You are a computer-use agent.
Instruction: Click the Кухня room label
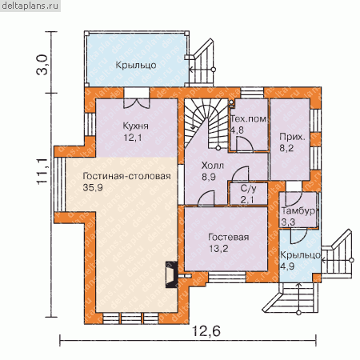tap(135, 126)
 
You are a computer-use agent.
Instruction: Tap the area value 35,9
tap(93, 188)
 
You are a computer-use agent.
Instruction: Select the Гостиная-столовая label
tap(126, 176)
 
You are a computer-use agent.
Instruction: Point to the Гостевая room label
tap(229, 237)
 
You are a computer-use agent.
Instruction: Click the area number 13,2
tap(218, 249)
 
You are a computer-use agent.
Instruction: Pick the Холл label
tap(212, 166)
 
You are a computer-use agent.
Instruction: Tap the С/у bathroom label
tap(248, 189)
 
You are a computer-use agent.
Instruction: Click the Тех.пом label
tap(248, 118)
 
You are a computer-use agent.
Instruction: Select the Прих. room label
tap(292, 137)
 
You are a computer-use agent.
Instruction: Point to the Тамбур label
tap(298, 211)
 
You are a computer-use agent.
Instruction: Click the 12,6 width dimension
tap(206, 331)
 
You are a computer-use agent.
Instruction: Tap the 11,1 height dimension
tap(42, 171)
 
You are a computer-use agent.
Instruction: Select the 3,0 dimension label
tap(42, 65)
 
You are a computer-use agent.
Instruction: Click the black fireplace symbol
tap(170, 274)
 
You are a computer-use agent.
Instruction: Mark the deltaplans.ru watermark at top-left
tap(30, 6)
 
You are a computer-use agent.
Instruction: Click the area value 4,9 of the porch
tap(287, 266)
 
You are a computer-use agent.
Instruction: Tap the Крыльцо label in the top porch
tap(136, 65)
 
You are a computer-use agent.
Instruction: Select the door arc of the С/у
tap(240, 174)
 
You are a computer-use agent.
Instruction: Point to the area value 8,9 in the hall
tap(209, 177)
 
